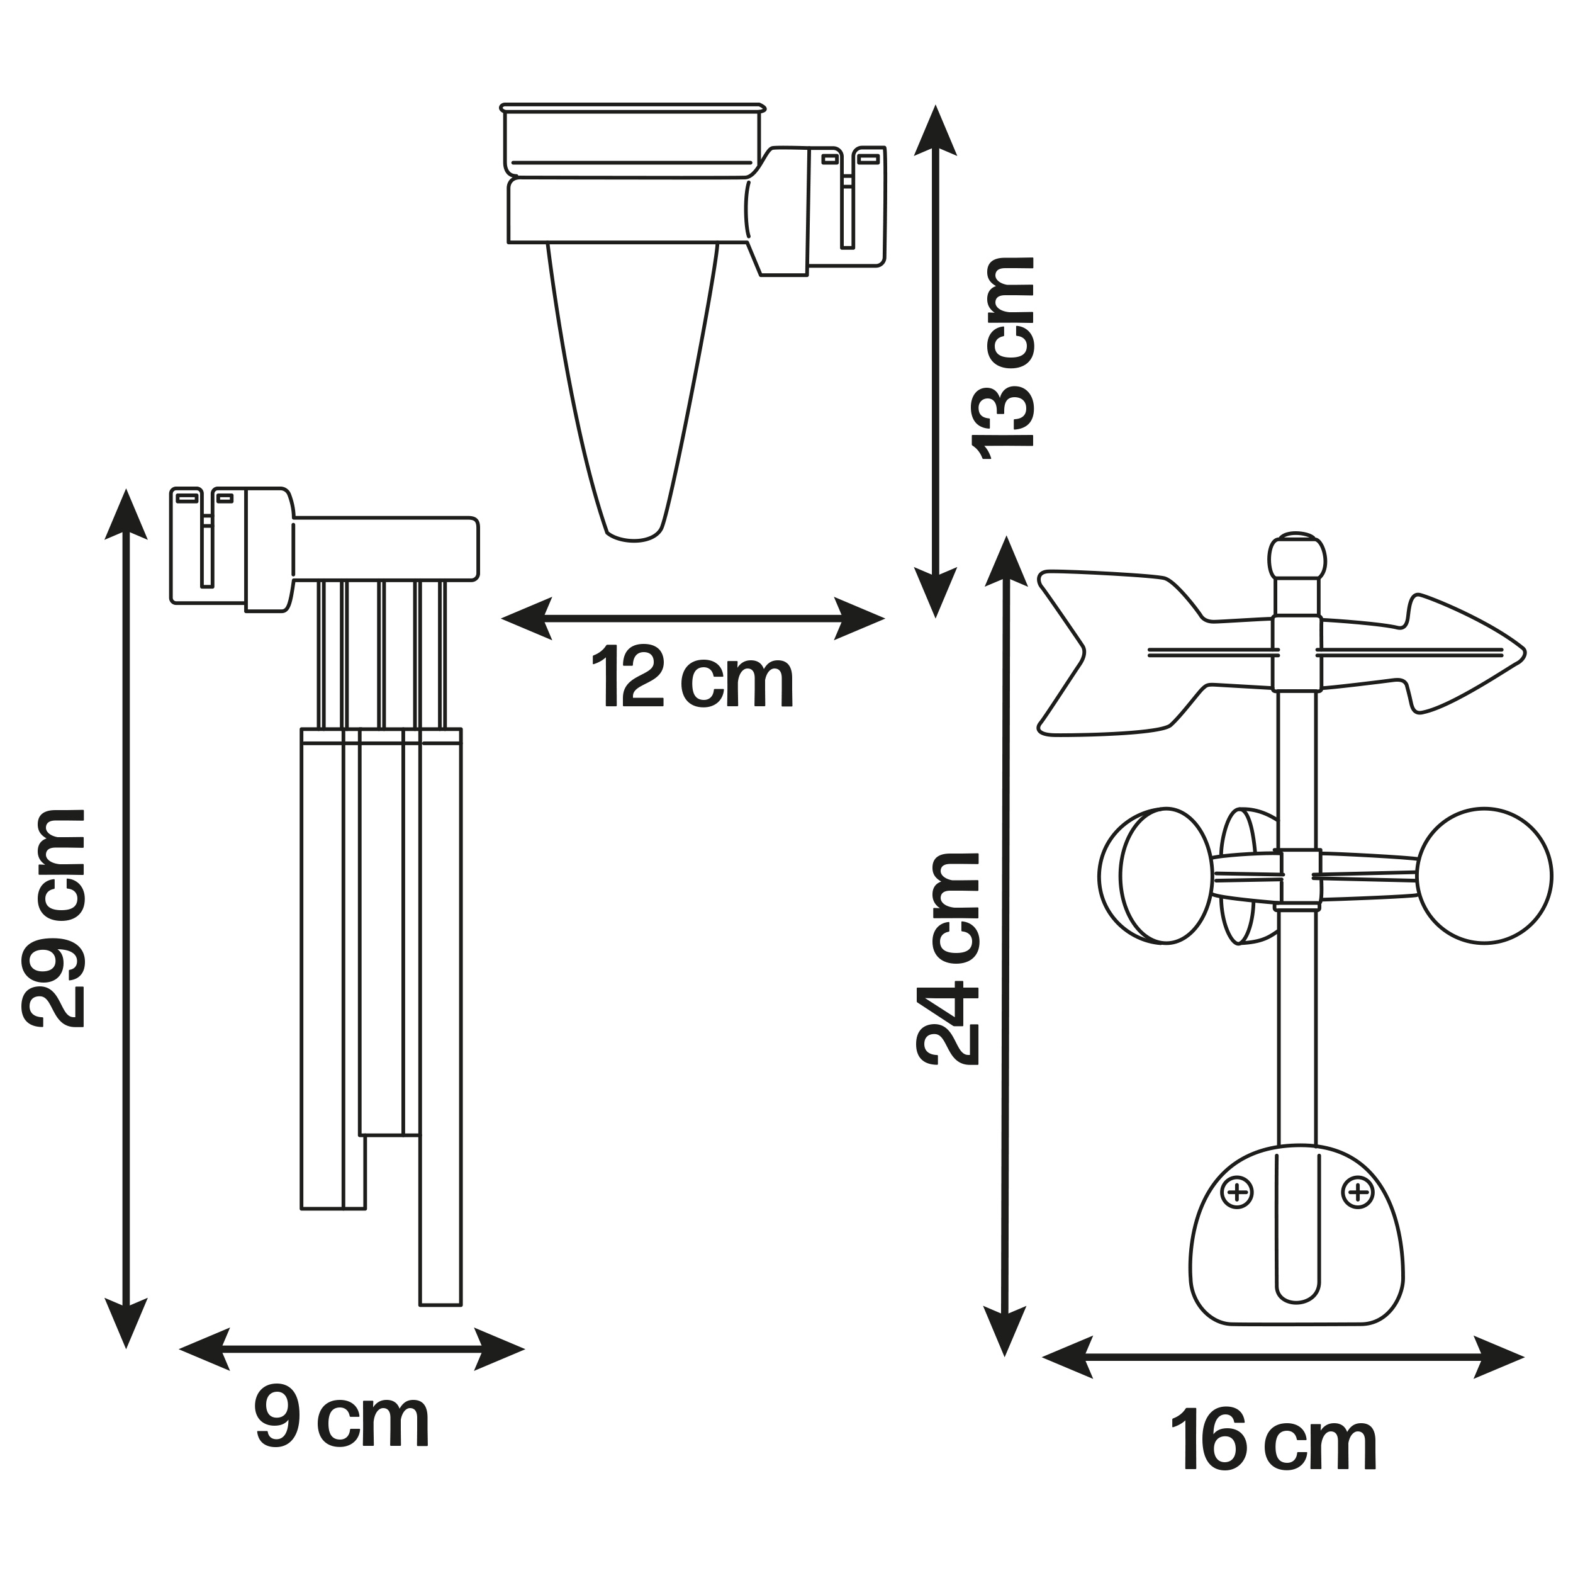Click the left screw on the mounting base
point(1237,1193)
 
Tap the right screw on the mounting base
point(1357,1193)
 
